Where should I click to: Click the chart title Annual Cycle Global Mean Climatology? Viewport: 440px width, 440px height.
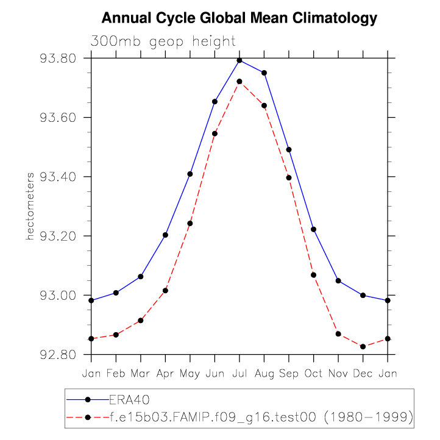pyautogui.click(x=240, y=18)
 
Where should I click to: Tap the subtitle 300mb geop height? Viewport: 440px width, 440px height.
pyautogui.click(x=163, y=41)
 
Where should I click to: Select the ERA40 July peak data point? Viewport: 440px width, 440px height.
pyautogui.click(x=240, y=60)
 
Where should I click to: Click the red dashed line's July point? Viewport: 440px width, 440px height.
pyautogui.click(x=240, y=81)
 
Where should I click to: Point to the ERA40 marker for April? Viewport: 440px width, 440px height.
pyautogui.click(x=165, y=235)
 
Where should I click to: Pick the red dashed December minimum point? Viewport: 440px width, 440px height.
pyautogui.click(x=363, y=347)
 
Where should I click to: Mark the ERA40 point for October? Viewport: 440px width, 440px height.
pyautogui.click(x=314, y=229)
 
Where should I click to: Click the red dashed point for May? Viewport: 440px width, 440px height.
pyautogui.click(x=190, y=223)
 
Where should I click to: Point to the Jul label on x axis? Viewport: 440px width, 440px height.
pyautogui.click(x=240, y=373)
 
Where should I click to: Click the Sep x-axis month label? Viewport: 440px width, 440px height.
pyautogui.click(x=289, y=373)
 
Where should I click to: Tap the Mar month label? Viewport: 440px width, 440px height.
pyautogui.click(x=141, y=373)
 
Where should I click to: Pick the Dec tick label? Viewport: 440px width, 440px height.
pyautogui.click(x=363, y=373)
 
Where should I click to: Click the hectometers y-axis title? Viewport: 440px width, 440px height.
pyautogui.click(x=29, y=206)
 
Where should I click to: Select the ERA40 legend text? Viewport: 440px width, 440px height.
pyautogui.click(x=129, y=400)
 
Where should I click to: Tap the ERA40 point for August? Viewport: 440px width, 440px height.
pyautogui.click(x=264, y=73)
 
